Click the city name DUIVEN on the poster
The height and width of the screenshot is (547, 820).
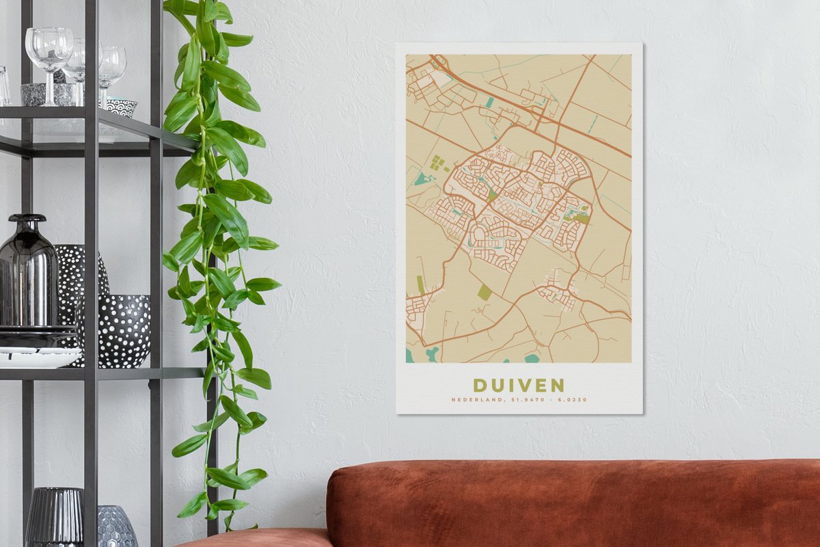519,385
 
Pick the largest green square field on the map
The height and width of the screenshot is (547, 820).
484,292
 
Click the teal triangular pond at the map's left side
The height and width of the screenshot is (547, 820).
422,179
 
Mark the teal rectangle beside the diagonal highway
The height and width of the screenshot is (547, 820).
489,103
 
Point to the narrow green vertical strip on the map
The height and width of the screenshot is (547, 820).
420,284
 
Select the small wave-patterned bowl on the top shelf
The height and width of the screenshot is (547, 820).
121,106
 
